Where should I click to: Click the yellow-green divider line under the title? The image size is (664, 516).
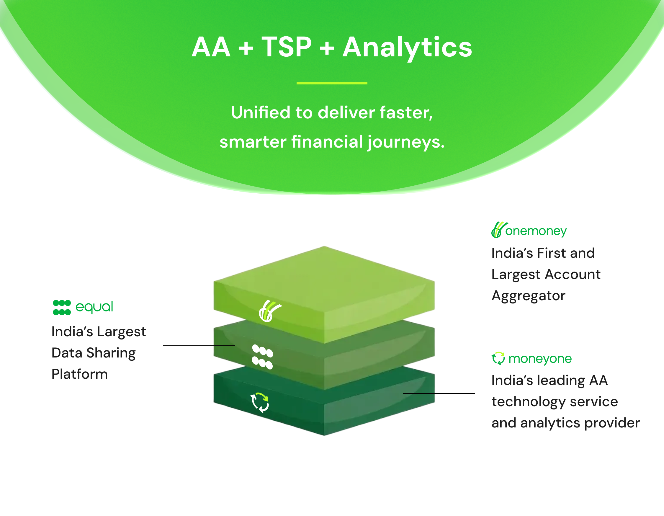coord(332,83)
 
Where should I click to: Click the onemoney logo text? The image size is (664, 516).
coord(536,231)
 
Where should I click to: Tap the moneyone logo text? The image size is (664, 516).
coord(540,359)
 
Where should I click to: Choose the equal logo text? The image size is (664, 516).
coord(94,307)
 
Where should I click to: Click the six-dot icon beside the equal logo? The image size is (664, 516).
coord(62,307)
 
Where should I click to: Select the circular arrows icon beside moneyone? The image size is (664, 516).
coord(498,358)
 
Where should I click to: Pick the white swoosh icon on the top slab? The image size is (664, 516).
coord(270,311)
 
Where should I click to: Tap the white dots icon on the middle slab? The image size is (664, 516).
coord(263,357)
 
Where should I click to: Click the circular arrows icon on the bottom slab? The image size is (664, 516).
coord(260,403)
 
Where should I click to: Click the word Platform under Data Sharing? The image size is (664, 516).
coord(80,374)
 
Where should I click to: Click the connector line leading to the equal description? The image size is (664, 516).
coord(199,346)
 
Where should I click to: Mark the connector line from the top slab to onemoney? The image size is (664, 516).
coord(439,292)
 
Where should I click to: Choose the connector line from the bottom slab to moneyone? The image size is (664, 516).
coord(439,393)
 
